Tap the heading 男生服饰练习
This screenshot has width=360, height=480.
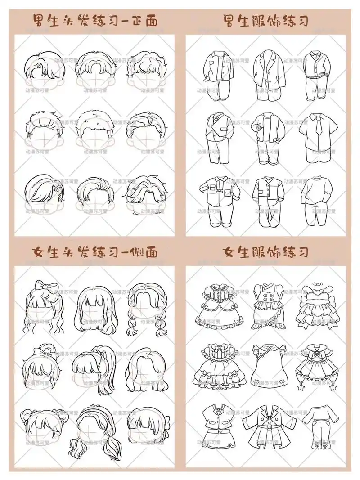[265, 20]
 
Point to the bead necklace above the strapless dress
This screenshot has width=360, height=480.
[318, 286]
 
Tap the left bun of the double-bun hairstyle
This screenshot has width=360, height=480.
[26, 413]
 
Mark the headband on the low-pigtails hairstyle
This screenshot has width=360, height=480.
[94, 410]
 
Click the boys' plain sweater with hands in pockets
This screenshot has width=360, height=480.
[318, 200]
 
